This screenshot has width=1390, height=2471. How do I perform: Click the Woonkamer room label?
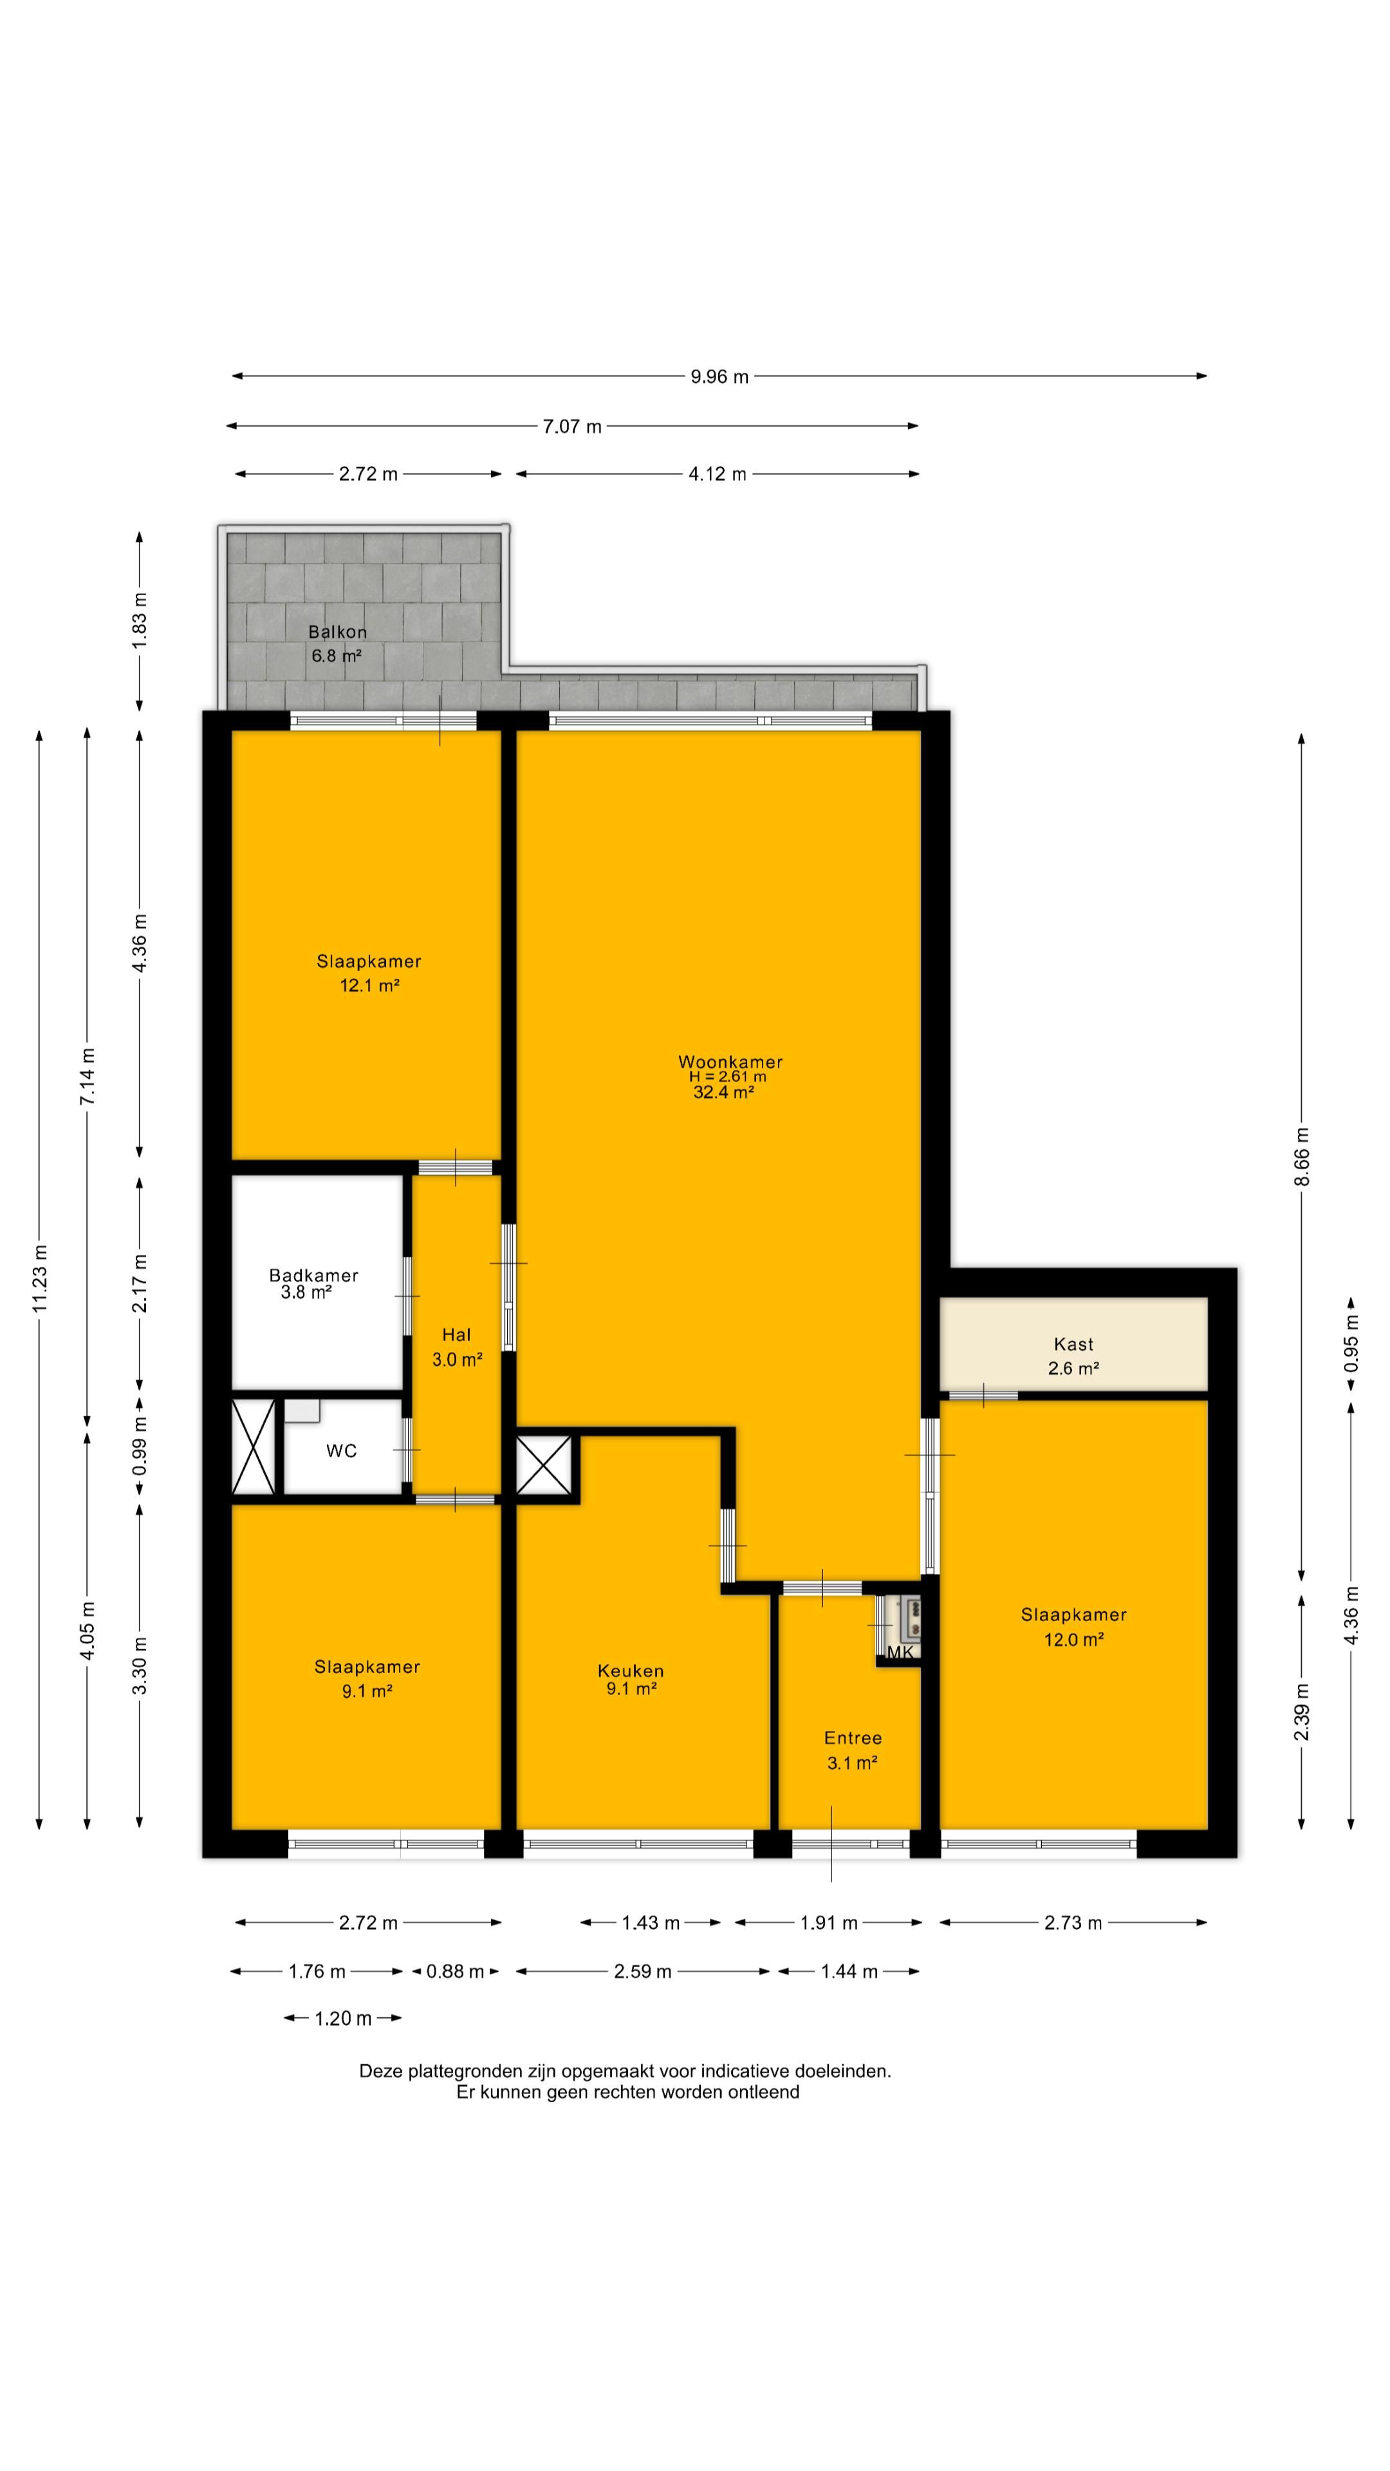[730, 1062]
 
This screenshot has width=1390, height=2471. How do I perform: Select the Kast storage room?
[1073, 1343]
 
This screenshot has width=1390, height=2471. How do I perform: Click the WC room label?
[342, 1451]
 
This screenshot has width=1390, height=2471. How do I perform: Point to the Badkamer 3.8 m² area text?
[306, 1292]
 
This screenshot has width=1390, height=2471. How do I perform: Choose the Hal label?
[457, 1335]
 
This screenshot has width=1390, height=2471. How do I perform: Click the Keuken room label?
[630, 1670]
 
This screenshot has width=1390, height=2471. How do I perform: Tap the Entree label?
[853, 1737]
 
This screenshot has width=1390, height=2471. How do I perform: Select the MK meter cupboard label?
[900, 1652]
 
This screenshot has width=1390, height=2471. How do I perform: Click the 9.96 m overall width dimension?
[719, 376]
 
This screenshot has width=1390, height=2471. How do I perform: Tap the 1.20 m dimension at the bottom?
[342, 2018]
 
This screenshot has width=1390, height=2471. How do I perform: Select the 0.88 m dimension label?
[455, 1971]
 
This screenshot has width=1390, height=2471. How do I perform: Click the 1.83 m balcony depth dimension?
[140, 620]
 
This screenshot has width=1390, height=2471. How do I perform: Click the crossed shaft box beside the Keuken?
[544, 1465]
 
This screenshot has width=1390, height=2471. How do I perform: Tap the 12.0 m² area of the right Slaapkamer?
[1073, 1640]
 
